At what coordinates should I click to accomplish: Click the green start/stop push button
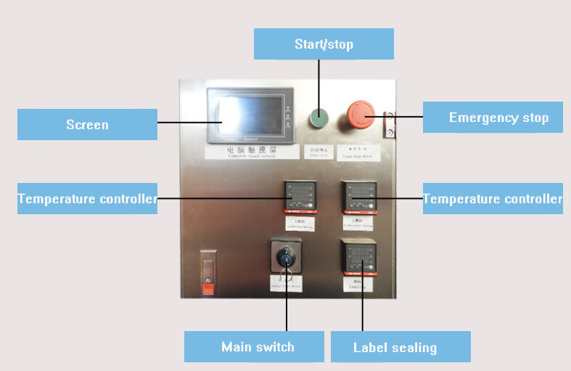[x=319, y=116]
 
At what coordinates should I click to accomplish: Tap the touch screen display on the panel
[x=247, y=116]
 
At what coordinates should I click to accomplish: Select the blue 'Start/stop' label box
[x=324, y=44]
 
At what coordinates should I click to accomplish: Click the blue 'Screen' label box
[x=87, y=124]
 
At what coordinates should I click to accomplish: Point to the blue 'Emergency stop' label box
[x=493, y=117]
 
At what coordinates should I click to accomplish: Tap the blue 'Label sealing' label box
[x=400, y=346]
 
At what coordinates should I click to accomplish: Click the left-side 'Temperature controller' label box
[x=87, y=198]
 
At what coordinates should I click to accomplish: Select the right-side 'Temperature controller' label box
[x=493, y=198]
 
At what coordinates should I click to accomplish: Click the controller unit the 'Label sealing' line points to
[x=357, y=258]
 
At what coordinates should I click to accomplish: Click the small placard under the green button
[x=318, y=151]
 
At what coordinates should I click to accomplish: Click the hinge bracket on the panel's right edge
[x=390, y=124]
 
